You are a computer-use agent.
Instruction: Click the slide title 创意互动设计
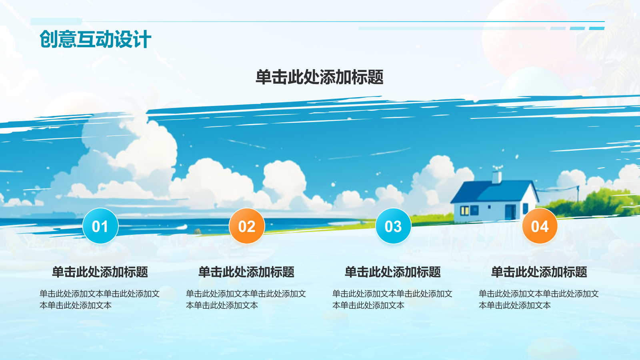[x=95, y=39]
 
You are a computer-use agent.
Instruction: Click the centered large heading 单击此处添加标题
[x=320, y=77]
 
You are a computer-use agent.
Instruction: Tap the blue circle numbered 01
[x=100, y=226]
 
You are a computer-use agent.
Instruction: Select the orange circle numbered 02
[x=247, y=226]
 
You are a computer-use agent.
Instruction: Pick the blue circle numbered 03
[x=393, y=226]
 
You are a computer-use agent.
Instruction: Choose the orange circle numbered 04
[x=540, y=226]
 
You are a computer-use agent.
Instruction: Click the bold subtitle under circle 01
[x=100, y=272]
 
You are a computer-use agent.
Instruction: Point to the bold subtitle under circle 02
[x=246, y=272]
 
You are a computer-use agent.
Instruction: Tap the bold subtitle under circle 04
[x=539, y=272]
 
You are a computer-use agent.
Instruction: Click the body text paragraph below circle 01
[x=100, y=300]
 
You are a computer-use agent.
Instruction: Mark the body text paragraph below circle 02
[x=246, y=300]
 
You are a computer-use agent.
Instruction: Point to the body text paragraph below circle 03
[x=392, y=300]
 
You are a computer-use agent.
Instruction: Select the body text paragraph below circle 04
[x=538, y=300]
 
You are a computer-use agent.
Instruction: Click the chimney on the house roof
[x=496, y=177]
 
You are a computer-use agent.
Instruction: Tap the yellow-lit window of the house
[x=465, y=210]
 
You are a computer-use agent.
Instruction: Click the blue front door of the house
[x=510, y=212]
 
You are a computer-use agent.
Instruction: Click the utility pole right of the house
[x=578, y=194]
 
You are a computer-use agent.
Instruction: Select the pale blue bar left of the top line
[x=56, y=22]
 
